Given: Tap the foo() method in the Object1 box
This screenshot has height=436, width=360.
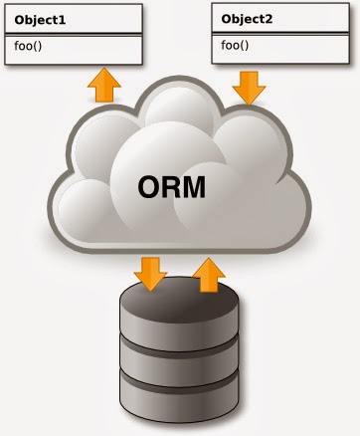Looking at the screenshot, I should [x=31, y=44].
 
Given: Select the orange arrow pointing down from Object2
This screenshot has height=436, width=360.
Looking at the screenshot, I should [x=250, y=90].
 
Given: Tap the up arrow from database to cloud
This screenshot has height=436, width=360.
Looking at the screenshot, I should [x=208, y=274].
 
